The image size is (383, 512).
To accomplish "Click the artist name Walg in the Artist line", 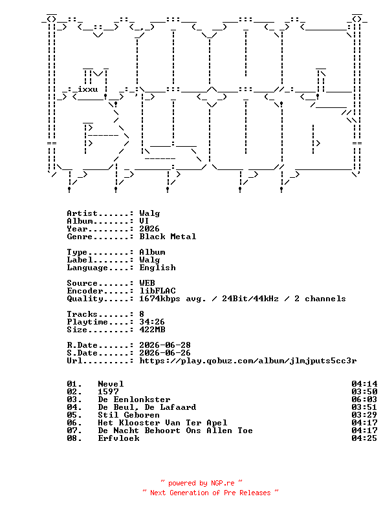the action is click(x=149, y=213).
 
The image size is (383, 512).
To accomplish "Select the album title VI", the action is click(x=144, y=221).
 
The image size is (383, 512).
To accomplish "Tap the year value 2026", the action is click(x=149, y=229).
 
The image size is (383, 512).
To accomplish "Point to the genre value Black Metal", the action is click(x=168, y=237).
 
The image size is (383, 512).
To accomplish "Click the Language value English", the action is click(x=157, y=268).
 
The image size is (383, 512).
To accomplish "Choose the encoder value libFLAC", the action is click(x=157, y=291).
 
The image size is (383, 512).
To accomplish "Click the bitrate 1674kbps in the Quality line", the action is click(x=159, y=299).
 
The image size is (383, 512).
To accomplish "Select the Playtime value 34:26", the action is click(x=152, y=322).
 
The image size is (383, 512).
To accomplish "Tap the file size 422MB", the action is click(x=152, y=330).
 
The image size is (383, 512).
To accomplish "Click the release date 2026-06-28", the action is click(x=165, y=345).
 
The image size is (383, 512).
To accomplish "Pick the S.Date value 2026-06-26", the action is click(x=165, y=353).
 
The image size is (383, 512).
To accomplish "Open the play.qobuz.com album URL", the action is click(x=248, y=361).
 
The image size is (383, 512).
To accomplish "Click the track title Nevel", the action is click(x=111, y=384).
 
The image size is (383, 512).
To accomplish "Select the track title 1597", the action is click(x=108, y=392).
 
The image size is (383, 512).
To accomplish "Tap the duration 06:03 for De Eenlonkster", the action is click(x=364, y=400).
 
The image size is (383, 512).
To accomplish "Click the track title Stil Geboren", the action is click(x=129, y=415).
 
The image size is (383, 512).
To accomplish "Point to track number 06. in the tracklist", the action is click(x=74, y=423).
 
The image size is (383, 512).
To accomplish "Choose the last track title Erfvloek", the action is click(x=118, y=438).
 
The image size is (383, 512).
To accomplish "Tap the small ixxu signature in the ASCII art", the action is click(x=87, y=89).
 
